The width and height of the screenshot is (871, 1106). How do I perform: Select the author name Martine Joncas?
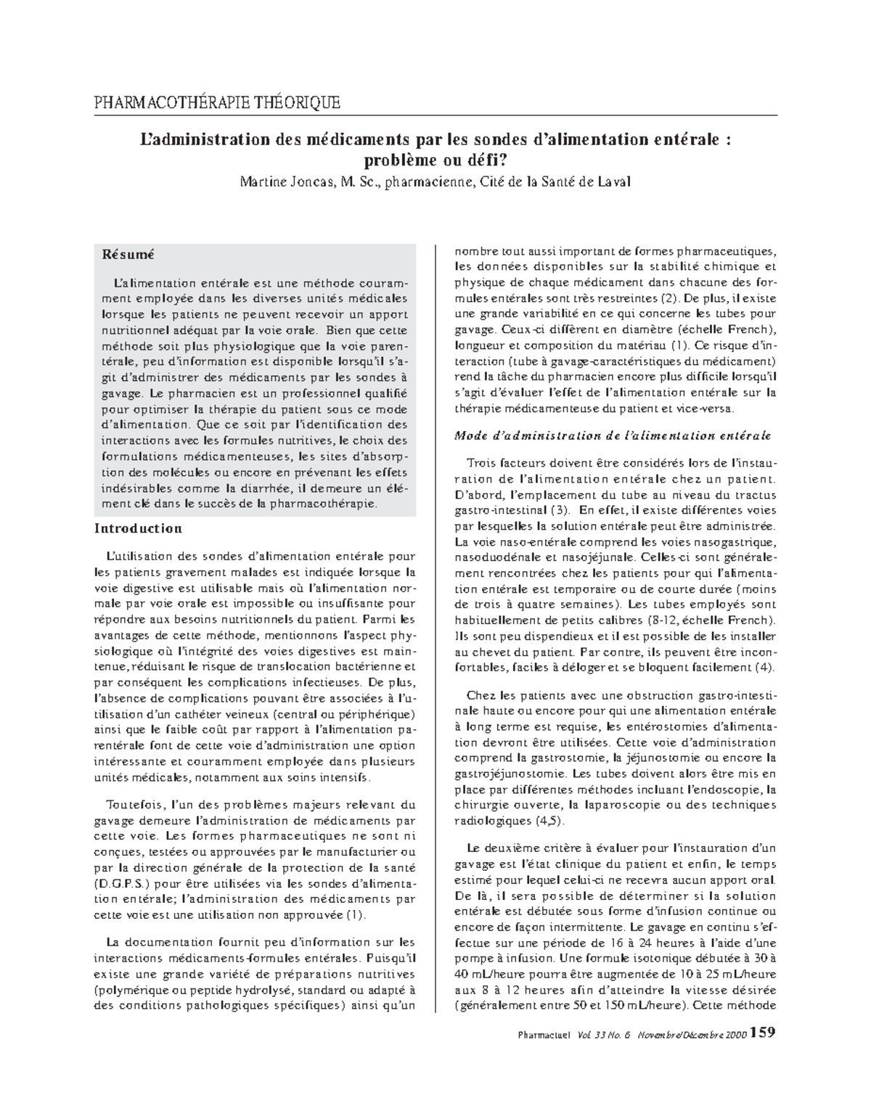[283, 181]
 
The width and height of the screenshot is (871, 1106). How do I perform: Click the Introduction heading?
[138, 528]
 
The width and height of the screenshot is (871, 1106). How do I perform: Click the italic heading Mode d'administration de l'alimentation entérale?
[612, 435]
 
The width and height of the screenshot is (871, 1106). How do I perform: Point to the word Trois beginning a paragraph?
[483, 463]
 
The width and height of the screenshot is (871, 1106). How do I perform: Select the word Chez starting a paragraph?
[481, 695]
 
